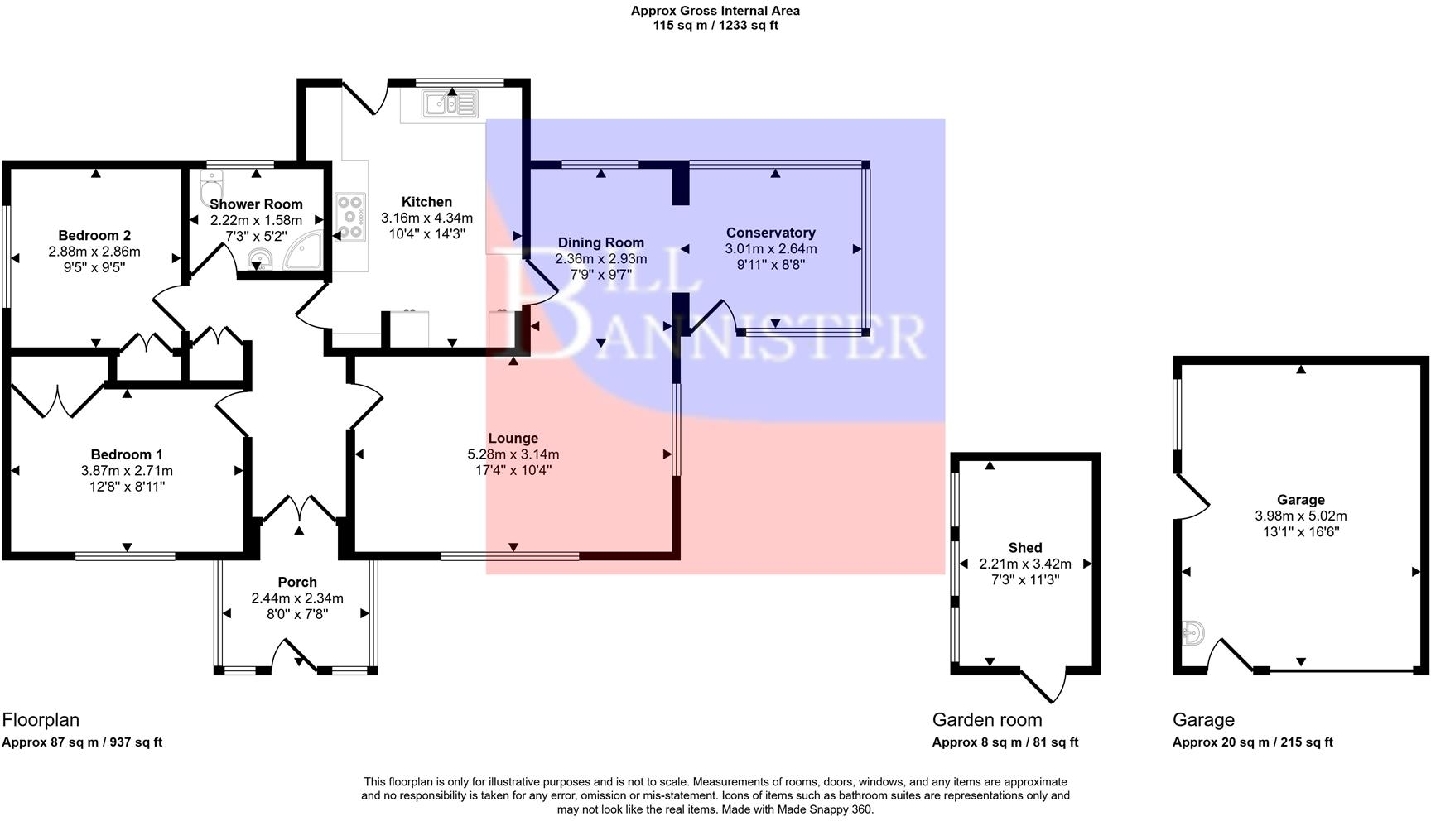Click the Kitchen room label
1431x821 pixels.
click(426, 202)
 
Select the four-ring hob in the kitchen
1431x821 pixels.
click(350, 217)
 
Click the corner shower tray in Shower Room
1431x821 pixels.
click(303, 252)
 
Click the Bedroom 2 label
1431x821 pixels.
click(94, 236)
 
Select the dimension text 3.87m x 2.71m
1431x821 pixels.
click(127, 470)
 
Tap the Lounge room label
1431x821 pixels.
click(513, 439)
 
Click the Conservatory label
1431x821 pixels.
click(770, 233)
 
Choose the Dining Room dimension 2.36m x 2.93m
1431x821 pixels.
click(600, 259)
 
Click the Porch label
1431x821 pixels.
click(297, 582)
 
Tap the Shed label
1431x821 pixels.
click(1024, 548)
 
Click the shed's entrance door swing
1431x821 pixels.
click(1047, 685)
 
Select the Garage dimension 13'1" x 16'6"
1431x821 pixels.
click(1300, 531)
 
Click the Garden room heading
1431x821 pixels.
click(986, 720)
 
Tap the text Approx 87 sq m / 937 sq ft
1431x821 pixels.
click(82, 742)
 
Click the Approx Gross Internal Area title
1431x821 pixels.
click(715, 11)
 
